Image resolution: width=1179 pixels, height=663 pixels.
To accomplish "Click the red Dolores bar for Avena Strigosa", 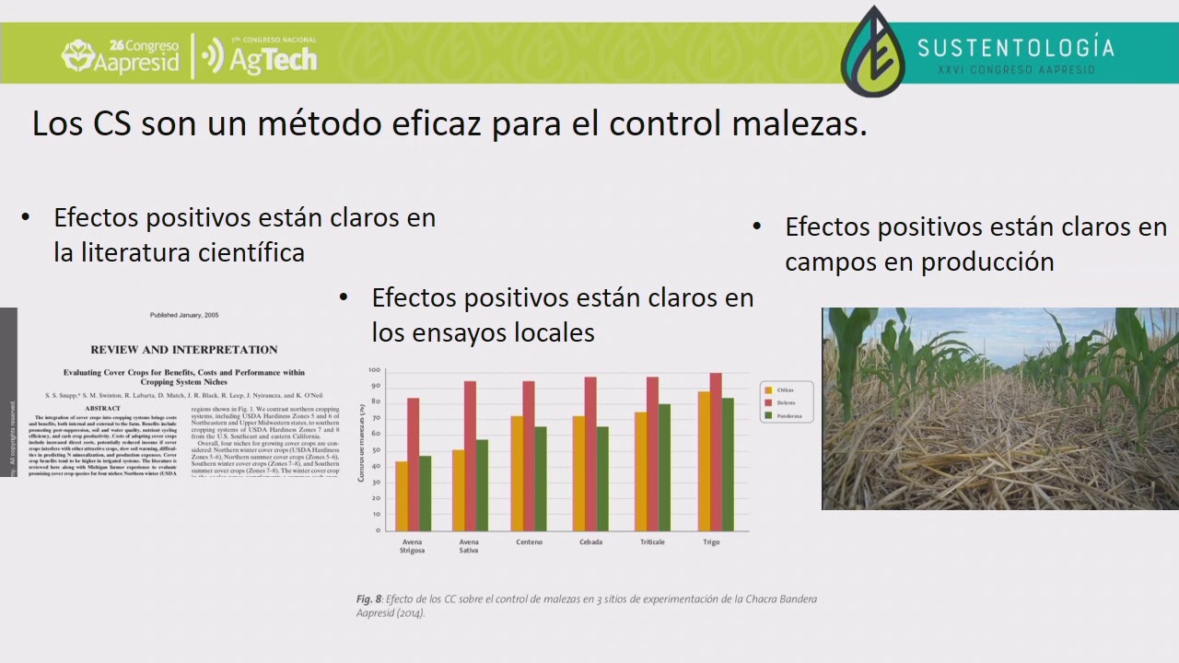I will tap(413, 464).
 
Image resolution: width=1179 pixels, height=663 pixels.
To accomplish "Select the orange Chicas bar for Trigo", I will tap(704, 460).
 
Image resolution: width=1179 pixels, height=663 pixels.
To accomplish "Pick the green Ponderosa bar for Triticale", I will tap(664, 467).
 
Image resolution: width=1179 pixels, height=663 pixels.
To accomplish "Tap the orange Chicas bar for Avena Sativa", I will tap(458, 489).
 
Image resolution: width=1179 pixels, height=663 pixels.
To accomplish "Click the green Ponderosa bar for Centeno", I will tap(540, 478).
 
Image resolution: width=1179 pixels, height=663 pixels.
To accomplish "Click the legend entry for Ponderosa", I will tap(788, 416).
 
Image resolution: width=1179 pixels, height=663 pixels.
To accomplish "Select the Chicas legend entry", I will tap(784, 390).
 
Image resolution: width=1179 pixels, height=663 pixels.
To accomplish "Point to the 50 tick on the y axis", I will tap(374, 450).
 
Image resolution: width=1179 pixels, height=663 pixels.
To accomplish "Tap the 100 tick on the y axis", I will tap(374, 370).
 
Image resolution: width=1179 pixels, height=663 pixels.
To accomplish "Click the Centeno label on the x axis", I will tap(529, 542).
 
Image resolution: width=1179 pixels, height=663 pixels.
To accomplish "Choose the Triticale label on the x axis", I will tap(652, 542).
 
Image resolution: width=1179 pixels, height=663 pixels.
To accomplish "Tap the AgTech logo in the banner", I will tap(261, 57).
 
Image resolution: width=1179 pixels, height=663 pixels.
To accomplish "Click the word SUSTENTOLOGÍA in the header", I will tap(1015, 48).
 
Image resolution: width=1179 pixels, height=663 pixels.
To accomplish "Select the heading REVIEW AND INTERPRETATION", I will tap(183, 350).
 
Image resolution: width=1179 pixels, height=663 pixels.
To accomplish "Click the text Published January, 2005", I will tap(184, 315).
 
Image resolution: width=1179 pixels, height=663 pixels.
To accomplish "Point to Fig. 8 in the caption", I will tap(368, 599).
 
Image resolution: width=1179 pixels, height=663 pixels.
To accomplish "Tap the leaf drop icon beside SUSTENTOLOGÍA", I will tap(872, 53).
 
